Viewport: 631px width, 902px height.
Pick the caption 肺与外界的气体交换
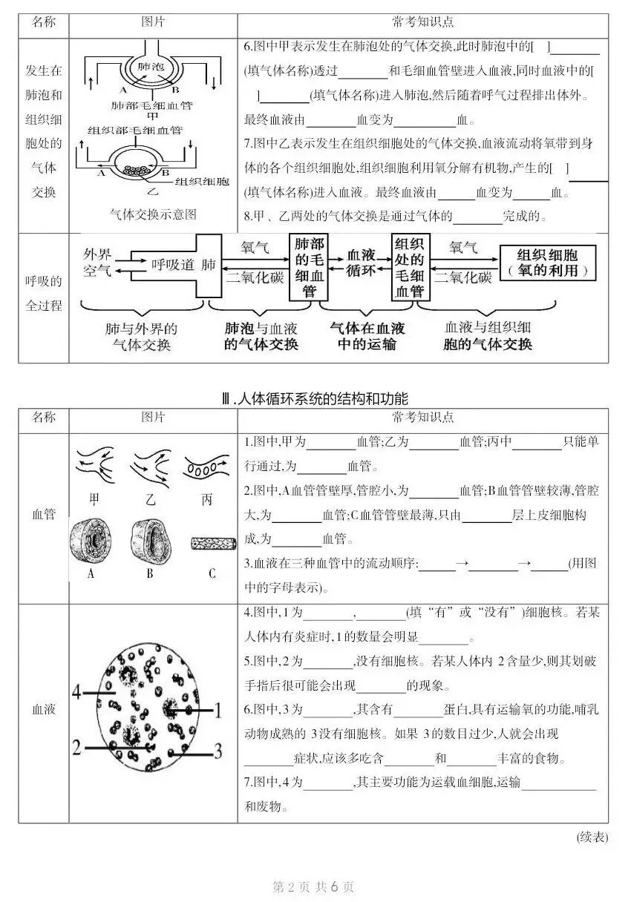[x=142, y=336]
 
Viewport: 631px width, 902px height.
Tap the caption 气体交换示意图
[x=153, y=214]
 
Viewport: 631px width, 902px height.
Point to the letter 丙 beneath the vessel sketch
[x=207, y=499]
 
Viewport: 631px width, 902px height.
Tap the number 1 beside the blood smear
[x=218, y=711]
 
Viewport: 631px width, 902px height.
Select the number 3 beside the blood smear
[x=218, y=751]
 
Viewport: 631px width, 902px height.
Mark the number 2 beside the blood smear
[x=76, y=746]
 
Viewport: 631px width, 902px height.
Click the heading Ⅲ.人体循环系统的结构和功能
[x=315, y=398]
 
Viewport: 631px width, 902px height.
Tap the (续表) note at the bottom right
[x=592, y=837]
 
